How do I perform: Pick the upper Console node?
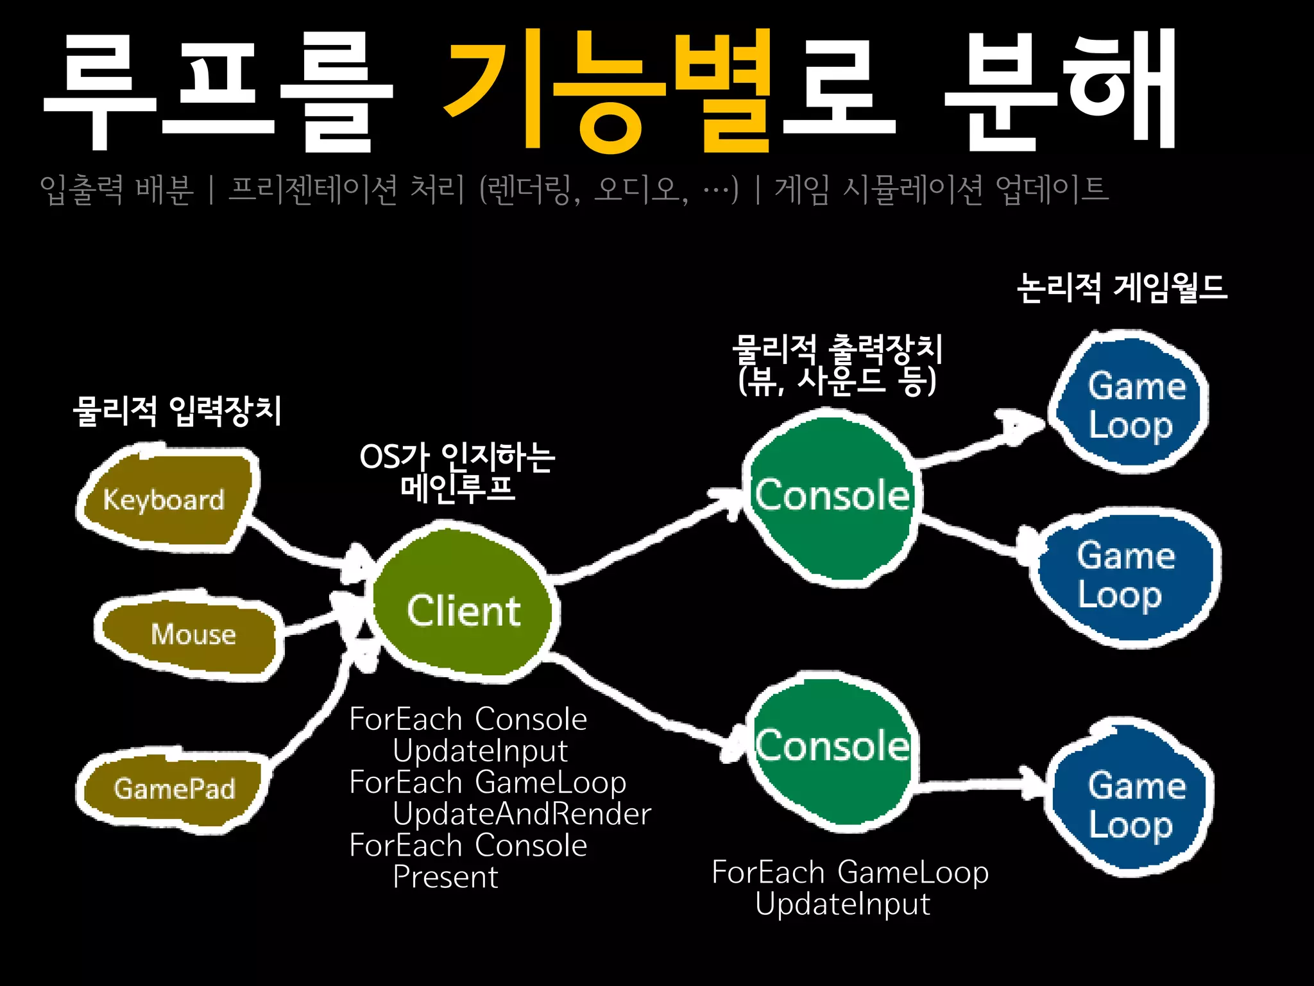pyautogui.click(x=832, y=496)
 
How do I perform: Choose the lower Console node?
pyautogui.click(x=832, y=747)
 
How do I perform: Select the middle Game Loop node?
pyautogui.click(x=1125, y=575)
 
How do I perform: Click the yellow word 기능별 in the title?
pyautogui.click(x=606, y=90)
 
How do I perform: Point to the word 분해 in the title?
pyautogui.click(x=1059, y=90)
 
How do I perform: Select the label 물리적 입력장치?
pyautogui.click(x=177, y=411)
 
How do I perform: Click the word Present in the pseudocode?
pyautogui.click(x=445, y=877)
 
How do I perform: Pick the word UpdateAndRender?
pyautogui.click(x=522, y=814)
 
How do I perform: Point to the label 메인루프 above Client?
pyautogui.click(x=457, y=488)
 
